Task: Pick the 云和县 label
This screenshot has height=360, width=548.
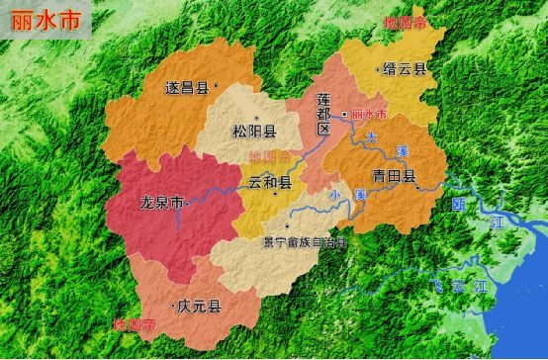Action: pos(269,183)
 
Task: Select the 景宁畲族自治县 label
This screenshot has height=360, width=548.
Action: pos(305,240)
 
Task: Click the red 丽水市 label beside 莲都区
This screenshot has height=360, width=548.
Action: pos(371,114)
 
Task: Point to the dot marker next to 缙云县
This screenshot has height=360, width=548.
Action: pos(379,70)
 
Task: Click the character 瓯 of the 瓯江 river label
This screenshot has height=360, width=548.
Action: pos(458,206)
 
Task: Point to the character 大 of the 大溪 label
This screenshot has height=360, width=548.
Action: pos(371,136)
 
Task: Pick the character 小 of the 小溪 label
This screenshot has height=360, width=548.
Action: pos(336,195)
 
